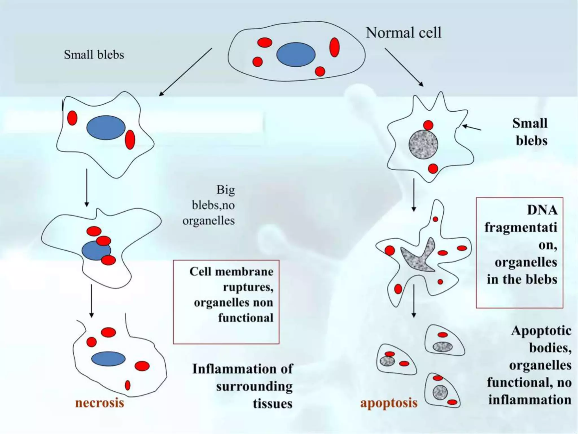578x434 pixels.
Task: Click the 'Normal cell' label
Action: coord(403,33)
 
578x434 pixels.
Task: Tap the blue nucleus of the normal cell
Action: coord(295,55)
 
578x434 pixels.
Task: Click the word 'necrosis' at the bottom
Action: coord(100,403)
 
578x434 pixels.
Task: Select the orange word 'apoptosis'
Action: coord(389,403)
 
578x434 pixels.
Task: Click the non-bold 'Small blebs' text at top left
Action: coord(94,55)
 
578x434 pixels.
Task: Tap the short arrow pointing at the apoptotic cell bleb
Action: coord(472,128)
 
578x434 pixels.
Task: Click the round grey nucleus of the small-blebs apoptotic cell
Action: coord(423,144)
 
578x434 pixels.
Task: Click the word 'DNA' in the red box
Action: coord(542,210)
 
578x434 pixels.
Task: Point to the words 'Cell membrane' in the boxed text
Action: coord(231,272)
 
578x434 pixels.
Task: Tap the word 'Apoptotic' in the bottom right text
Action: coord(541,331)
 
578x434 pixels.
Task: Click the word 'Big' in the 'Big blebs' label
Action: coord(225,190)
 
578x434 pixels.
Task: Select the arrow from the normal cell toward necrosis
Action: coord(185,72)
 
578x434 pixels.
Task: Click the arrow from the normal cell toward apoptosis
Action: coord(404,67)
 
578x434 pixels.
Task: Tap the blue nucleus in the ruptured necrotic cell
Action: coord(108,359)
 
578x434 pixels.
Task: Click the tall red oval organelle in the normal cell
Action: coord(334,47)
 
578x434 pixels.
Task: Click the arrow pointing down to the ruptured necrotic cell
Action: coord(91,301)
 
